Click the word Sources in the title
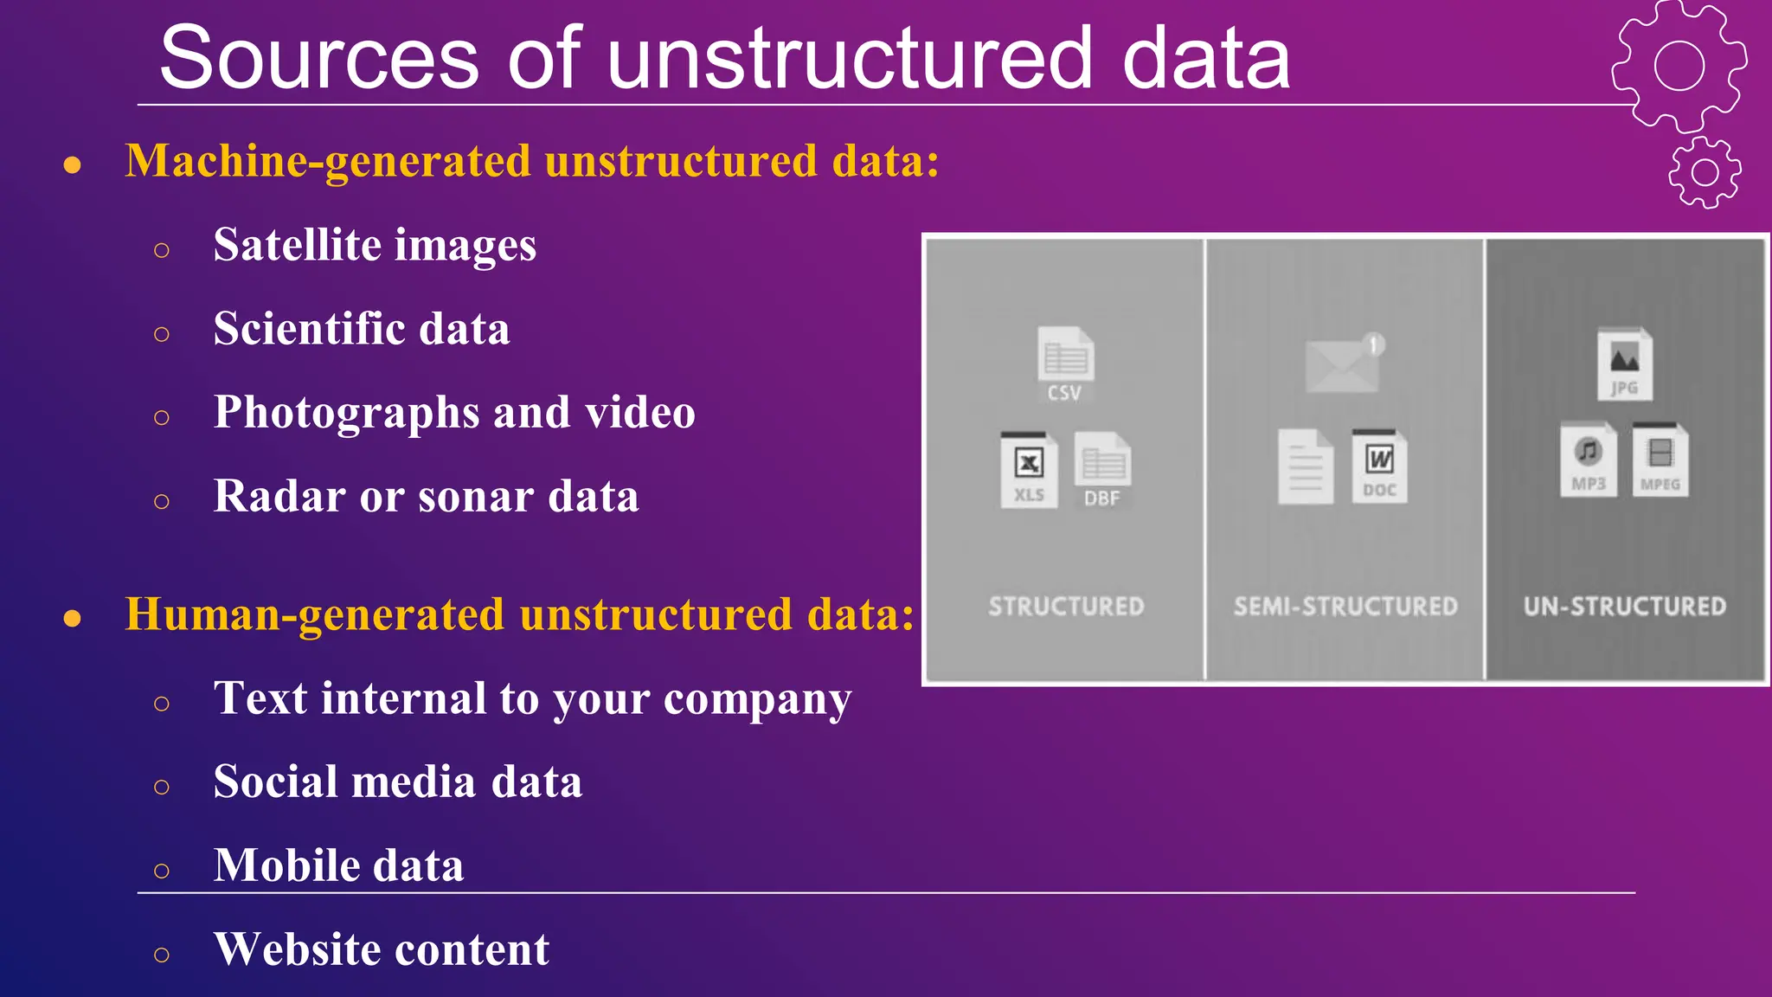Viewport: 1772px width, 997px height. click(x=318, y=59)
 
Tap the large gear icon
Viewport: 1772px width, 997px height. click(x=1679, y=66)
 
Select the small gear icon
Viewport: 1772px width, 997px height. click(x=1705, y=172)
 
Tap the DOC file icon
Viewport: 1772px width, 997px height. click(x=1379, y=466)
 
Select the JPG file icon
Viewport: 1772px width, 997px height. click(x=1624, y=364)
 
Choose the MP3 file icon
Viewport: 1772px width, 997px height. click(x=1588, y=460)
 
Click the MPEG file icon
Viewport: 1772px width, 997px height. click(x=1660, y=460)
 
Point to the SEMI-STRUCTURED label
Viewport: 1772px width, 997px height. click(x=1345, y=607)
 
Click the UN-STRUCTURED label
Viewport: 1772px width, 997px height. click(x=1624, y=607)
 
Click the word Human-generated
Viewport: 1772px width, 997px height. click(x=315, y=614)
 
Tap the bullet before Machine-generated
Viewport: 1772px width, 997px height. click(x=73, y=164)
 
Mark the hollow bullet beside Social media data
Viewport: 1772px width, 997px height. click(x=162, y=787)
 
